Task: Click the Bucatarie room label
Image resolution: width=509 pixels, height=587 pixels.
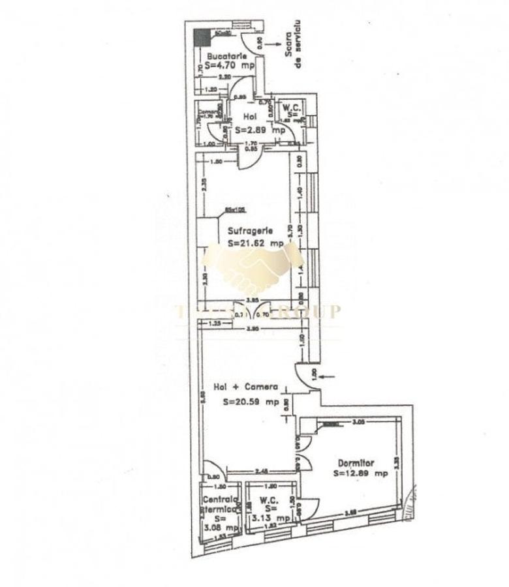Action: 222,57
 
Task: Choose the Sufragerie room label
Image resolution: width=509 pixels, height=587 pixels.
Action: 251,230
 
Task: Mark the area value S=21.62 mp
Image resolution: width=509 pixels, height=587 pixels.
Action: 256,242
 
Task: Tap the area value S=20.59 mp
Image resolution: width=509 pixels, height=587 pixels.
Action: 251,402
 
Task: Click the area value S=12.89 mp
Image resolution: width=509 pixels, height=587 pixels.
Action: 360,474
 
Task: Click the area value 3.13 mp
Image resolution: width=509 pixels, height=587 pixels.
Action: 272,518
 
